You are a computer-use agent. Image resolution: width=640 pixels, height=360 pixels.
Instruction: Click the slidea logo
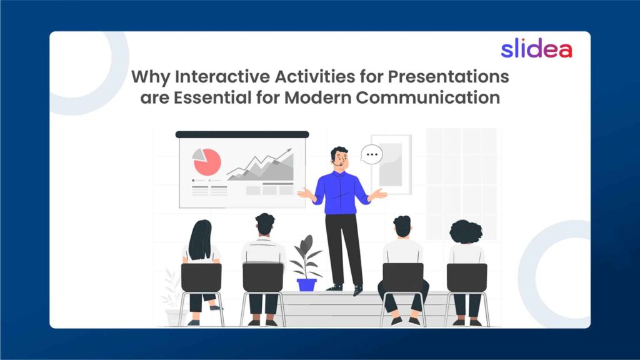536,49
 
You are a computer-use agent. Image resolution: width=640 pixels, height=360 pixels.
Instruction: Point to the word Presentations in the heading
449,77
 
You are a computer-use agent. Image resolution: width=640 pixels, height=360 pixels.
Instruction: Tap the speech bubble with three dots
372,153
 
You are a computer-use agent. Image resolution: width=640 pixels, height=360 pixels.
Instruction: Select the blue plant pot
306,284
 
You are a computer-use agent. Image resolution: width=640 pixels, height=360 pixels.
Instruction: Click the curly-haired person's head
466,232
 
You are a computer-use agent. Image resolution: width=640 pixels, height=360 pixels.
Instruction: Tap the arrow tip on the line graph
289,150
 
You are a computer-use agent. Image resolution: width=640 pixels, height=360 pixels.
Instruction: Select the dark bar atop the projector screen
242,134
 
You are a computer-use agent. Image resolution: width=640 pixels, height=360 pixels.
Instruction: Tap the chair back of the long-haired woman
201,277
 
